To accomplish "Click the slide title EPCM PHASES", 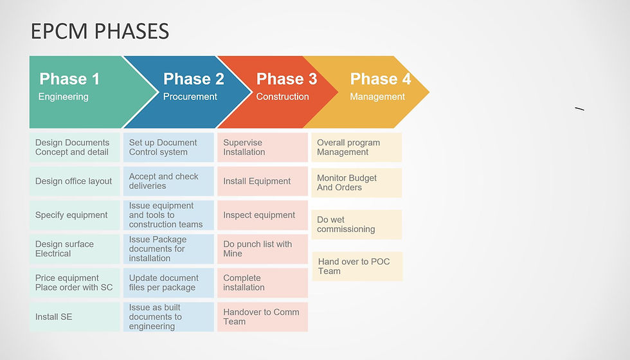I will pos(100,31).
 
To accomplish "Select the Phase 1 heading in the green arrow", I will pos(69,79).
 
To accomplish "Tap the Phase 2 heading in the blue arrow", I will pos(194,79).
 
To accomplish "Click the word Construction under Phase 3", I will pos(282,97).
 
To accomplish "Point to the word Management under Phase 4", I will pos(377,97).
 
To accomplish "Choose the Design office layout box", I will pos(75,181).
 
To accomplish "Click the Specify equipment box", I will pos(75,215).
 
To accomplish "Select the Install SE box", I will pos(75,317).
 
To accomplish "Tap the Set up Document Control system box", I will pos(168,147).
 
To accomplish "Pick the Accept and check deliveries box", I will pos(168,181).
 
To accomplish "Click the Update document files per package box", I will pos(168,283).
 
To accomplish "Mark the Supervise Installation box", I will pos(262,147).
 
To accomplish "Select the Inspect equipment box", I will pos(262,215).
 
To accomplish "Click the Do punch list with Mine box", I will pos(262,249).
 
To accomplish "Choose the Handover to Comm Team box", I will pos(262,317).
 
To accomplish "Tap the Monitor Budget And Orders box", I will pos(357,183).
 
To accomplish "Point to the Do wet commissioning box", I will pos(357,224).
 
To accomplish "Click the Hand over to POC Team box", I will pos(357,266).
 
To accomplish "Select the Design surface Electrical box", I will pos(75,249).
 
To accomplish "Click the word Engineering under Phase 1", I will pos(63,97).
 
